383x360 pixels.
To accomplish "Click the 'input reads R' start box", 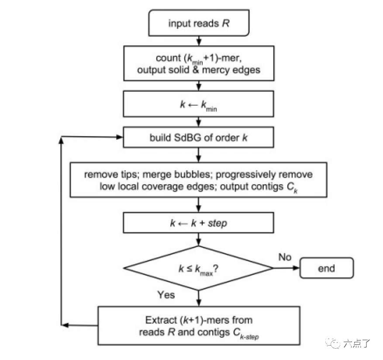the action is click(199, 23).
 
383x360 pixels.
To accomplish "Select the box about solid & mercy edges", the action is click(199, 63).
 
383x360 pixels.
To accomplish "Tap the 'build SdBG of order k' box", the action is click(199, 137).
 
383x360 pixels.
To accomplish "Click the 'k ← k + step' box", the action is click(199, 223).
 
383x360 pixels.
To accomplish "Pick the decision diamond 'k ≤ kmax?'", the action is click(199, 268).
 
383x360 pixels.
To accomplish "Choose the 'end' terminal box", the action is click(327, 268).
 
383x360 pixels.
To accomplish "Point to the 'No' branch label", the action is click(285, 257).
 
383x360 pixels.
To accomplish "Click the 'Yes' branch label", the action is click(166, 295).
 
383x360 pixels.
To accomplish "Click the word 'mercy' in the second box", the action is click(216, 70).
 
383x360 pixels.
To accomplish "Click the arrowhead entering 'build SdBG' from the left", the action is click(120, 137).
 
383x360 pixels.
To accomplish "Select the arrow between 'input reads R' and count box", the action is click(199, 41).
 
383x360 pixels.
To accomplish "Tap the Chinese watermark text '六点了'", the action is click(357, 343).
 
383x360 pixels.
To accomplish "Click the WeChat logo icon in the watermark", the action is click(333, 343).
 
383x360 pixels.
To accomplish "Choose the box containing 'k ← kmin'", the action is click(199, 104).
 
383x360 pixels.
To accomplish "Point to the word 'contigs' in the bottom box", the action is click(214, 332).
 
